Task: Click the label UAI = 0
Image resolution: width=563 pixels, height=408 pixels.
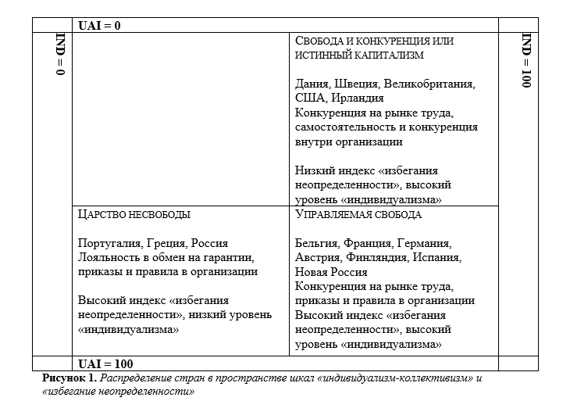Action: coord(99,26)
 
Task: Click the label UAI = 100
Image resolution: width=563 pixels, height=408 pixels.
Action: coord(105,363)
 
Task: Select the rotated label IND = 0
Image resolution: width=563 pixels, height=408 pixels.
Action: coord(60,55)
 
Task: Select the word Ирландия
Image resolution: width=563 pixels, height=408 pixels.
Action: coord(357,98)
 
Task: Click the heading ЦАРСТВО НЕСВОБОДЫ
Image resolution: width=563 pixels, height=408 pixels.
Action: coord(134,214)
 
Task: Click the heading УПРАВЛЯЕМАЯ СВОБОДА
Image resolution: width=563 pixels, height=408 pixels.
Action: coord(358,214)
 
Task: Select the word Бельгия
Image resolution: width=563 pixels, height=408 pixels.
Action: coord(317,243)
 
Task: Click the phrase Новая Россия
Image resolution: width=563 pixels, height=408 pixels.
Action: coord(331,272)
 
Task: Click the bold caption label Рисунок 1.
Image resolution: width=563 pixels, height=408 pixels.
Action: coord(69,378)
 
